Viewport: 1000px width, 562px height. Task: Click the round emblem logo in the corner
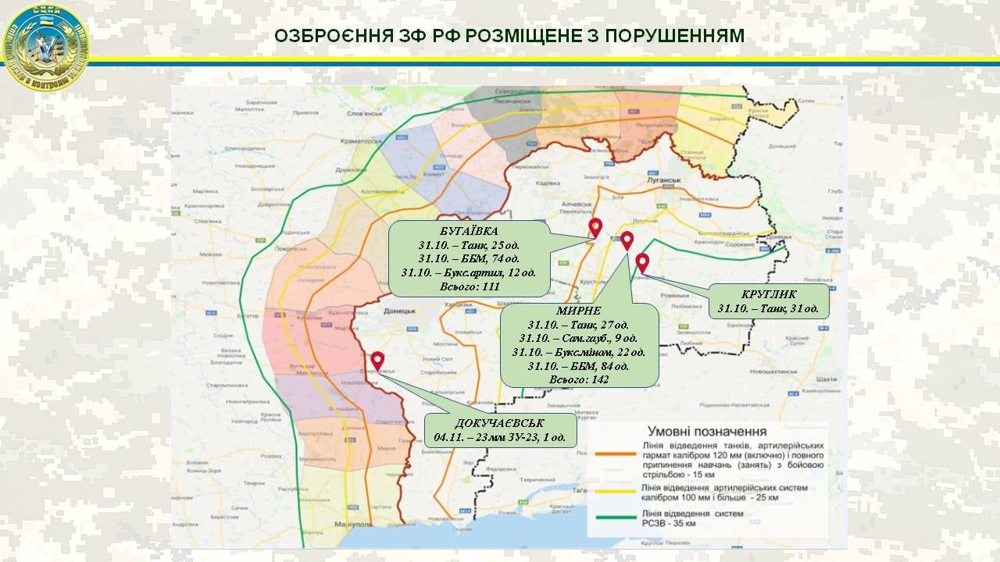(46, 46)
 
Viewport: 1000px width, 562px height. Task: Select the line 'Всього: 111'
(470, 286)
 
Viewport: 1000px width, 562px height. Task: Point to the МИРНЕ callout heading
(579, 311)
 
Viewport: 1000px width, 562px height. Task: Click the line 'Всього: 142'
(579, 379)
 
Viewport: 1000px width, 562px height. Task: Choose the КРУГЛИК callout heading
(768, 294)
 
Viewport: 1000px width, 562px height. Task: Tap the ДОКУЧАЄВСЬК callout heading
(501, 423)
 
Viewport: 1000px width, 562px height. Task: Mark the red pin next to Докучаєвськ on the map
(377, 361)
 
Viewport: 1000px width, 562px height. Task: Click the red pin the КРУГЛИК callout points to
(642, 262)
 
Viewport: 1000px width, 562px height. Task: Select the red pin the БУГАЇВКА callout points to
(595, 227)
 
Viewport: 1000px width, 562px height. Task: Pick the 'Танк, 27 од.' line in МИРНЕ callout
(579, 325)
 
